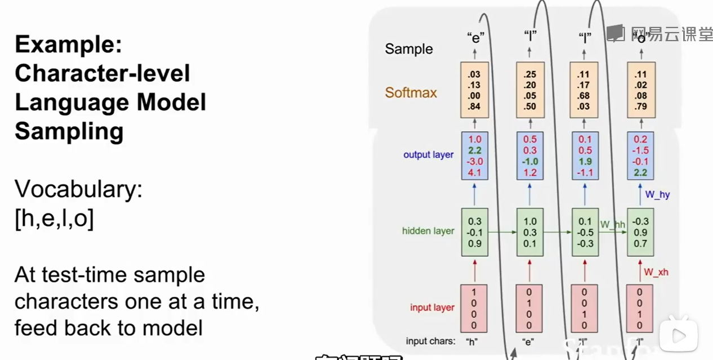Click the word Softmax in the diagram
(x=411, y=92)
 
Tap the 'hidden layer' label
(x=428, y=230)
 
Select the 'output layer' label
(x=428, y=154)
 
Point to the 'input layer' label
(x=432, y=307)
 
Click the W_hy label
(x=657, y=195)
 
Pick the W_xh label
(x=656, y=272)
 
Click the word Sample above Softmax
(x=409, y=49)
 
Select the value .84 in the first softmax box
(x=474, y=107)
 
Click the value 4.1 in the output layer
(x=474, y=172)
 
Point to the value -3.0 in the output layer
(x=474, y=161)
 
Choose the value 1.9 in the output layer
(x=585, y=161)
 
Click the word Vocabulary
(x=78, y=190)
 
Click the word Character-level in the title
(x=102, y=73)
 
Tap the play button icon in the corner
(x=679, y=337)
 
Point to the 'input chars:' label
(x=430, y=341)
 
